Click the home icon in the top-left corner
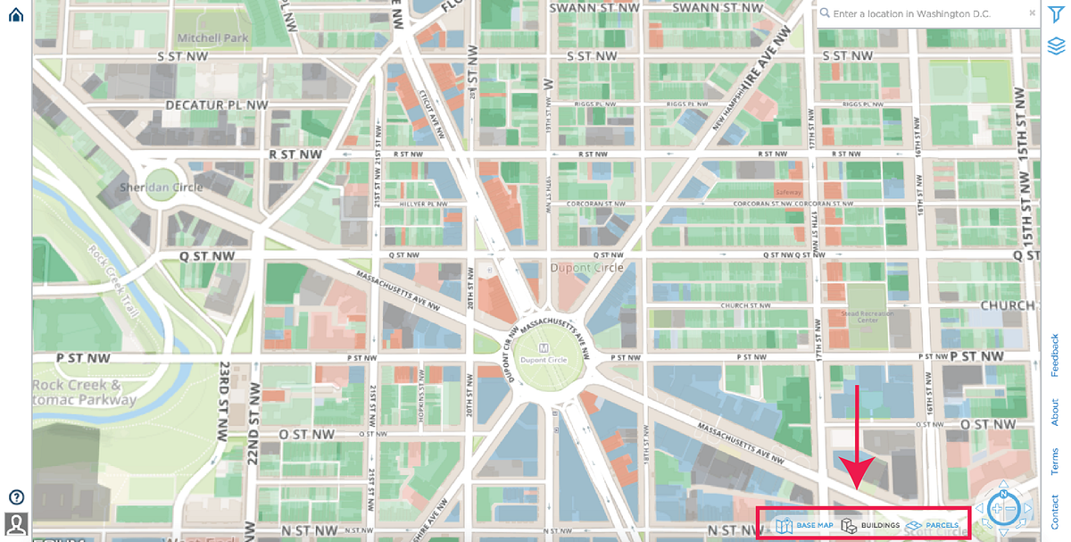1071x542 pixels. (15, 14)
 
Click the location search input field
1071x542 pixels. (924, 14)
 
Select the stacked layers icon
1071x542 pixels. (1056, 45)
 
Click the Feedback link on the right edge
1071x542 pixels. (1055, 354)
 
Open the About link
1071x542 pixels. (1055, 412)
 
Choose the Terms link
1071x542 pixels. (1055, 462)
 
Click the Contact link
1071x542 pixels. (1055, 512)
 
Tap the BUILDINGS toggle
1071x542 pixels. (870, 526)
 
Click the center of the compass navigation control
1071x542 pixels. (1003, 509)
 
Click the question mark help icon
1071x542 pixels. (16, 497)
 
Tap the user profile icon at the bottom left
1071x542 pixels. (16, 523)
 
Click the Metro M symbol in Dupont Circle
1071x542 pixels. (544, 347)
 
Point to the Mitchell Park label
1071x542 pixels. (212, 38)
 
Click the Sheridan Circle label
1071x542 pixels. (162, 188)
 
